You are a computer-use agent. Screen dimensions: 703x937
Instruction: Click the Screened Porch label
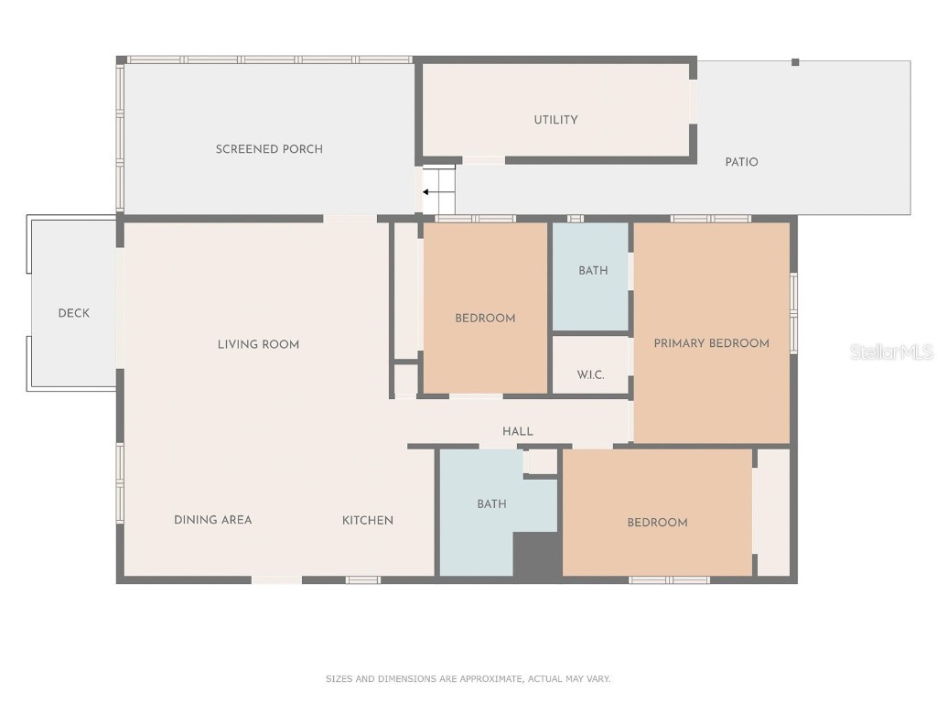pyautogui.click(x=269, y=149)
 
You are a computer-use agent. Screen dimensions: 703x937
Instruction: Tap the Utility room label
pyautogui.click(x=555, y=120)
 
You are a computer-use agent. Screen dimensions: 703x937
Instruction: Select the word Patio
pyautogui.click(x=741, y=162)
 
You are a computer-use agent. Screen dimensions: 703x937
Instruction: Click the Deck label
pyautogui.click(x=74, y=313)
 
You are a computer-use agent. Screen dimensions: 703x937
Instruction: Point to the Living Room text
pyautogui.click(x=258, y=345)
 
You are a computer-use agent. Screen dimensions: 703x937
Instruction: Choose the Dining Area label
pyautogui.click(x=212, y=520)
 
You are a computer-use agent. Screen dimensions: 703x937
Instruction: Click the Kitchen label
pyautogui.click(x=368, y=520)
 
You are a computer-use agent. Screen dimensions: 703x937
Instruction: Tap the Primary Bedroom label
pyautogui.click(x=711, y=343)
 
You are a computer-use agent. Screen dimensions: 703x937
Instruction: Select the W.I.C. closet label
pyautogui.click(x=590, y=374)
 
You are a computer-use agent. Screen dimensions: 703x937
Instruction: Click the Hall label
pyautogui.click(x=517, y=431)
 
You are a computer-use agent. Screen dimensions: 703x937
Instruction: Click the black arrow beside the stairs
pyautogui.click(x=427, y=192)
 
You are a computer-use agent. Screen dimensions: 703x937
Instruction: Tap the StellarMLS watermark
pyautogui.click(x=890, y=352)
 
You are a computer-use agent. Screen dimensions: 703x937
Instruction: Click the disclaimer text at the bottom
pyautogui.click(x=468, y=679)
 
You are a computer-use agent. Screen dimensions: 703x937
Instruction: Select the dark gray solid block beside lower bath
pyautogui.click(x=536, y=556)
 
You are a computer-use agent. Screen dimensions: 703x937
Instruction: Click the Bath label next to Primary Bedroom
pyautogui.click(x=593, y=271)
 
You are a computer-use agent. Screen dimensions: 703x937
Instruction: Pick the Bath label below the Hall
pyautogui.click(x=491, y=504)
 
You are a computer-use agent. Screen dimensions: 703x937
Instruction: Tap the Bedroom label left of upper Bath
pyautogui.click(x=485, y=319)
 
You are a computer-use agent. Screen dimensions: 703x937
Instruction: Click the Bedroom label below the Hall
pyautogui.click(x=657, y=523)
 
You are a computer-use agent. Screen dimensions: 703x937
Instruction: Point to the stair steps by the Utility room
pyautogui.click(x=439, y=190)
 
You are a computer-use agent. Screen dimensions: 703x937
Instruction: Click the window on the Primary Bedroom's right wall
pyautogui.click(x=793, y=313)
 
